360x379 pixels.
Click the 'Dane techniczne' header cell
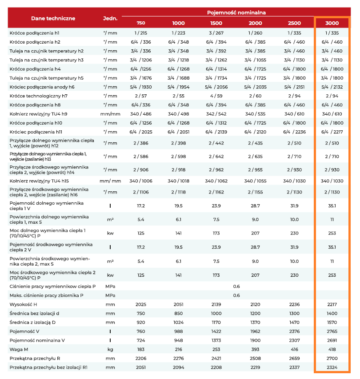coord(53,18)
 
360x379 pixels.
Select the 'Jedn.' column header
coord(110,18)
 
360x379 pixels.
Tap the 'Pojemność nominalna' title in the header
coord(236,12)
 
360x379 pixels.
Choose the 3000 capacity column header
coord(332,23)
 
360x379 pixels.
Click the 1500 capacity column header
coord(216,23)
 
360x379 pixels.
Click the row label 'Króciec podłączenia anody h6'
coord(42,87)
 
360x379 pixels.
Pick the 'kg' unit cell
coord(110,349)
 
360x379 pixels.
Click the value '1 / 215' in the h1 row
coord(140,33)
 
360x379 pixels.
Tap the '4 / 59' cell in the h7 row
coord(216,96)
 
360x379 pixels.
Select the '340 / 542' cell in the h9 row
coord(216,114)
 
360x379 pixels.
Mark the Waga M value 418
coord(332,349)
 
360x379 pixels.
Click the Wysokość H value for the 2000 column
coord(255,305)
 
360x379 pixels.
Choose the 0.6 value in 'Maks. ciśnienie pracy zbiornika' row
coord(236,295)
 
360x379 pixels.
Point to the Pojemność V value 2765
coord(332,331)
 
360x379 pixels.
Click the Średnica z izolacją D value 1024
coord(178,323)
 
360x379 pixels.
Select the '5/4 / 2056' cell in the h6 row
coord(216,87)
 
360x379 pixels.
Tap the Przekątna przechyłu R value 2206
coord(140,358)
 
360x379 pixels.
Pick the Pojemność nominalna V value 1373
coord(216,340)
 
